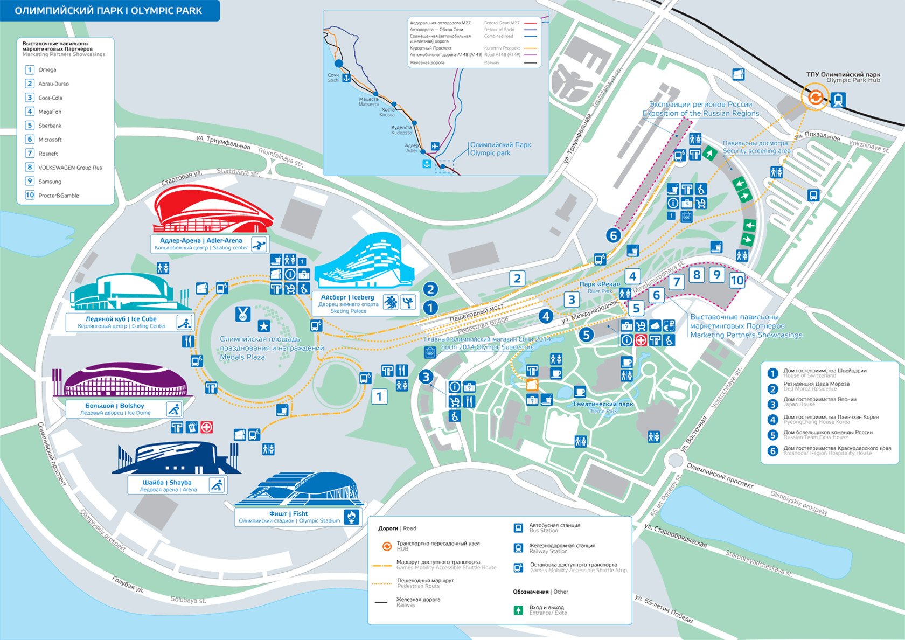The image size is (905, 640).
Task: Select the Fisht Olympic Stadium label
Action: tap(289, 517)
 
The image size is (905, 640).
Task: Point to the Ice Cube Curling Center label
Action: tap(121, 322)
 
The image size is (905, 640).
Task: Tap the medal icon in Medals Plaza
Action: tap(243, 314)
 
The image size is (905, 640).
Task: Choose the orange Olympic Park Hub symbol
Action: tap(815, 98)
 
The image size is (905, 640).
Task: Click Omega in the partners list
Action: tap(47, 70)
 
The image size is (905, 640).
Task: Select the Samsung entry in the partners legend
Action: tap(50, 182)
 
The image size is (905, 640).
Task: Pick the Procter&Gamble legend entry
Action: tap(58, 196)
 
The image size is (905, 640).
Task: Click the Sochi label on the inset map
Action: tap(333, 78)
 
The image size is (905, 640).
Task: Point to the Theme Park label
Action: tap(602, 407)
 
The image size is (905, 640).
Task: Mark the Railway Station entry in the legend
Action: tap(561, 548)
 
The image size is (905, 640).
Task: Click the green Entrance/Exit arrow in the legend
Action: tap(518, 610)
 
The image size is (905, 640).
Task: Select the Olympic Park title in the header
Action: tap(108, 11)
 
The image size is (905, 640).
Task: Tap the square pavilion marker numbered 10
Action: tap(736, 280)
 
